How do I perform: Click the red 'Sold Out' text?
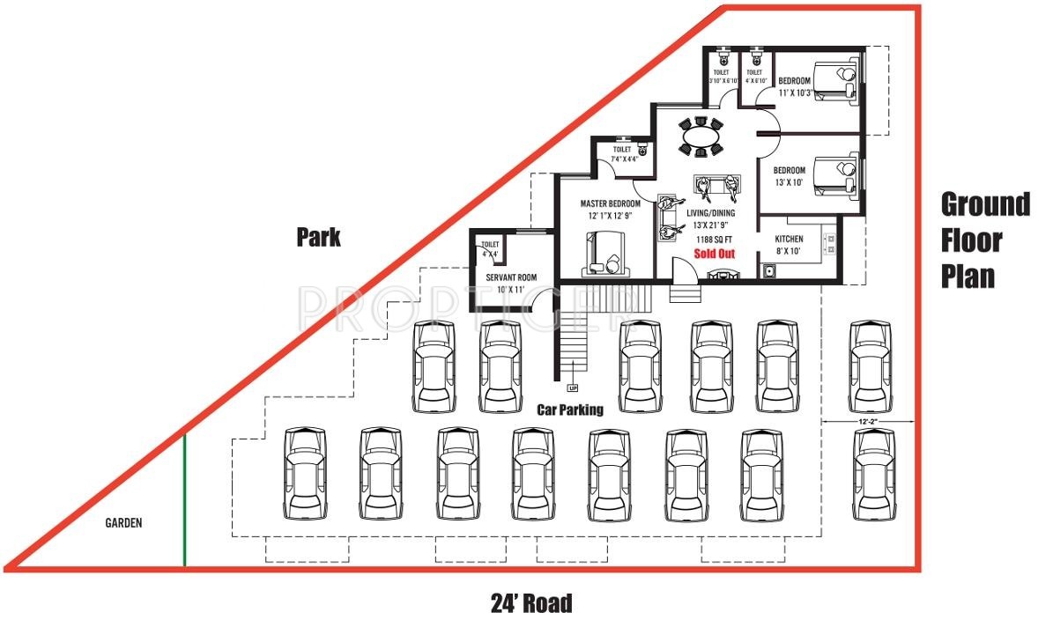(x=714, y=254)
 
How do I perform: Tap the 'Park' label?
(x=318, y=237)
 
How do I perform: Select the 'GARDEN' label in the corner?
(x=123, y=522)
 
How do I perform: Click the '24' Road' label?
(x=530, y=603)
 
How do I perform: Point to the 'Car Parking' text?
(x=570, y=410)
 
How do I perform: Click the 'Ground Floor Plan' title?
(x=984, y=240)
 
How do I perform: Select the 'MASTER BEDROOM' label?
(x=610, y=204)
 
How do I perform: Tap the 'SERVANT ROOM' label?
(x=511, y=277)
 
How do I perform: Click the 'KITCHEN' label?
(x=789, y=239)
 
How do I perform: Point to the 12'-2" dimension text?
(x=868, y=421)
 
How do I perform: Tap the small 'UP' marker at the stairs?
(x=573, y=387)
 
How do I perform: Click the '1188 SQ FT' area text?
(x=714, y=238)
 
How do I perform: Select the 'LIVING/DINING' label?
(x=713, y=212)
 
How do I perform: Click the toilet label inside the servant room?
(x=489, y=249)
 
